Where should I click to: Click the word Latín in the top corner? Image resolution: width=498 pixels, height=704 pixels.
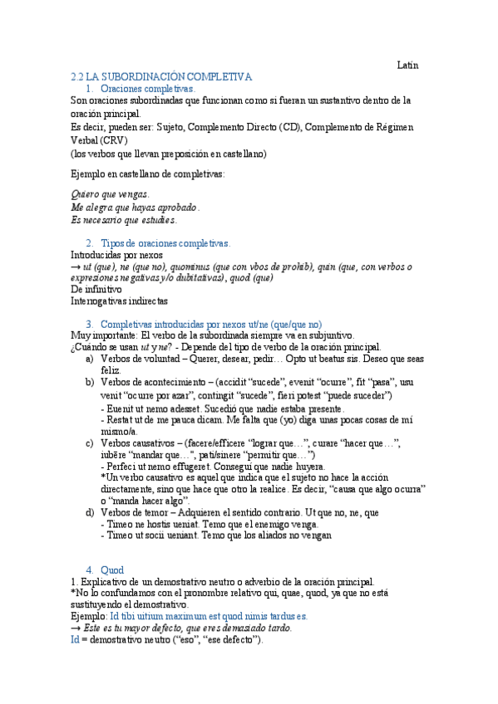[x=407, y=65]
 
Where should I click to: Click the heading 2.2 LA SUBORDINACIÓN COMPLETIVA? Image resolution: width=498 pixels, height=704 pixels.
[x=161, y=76]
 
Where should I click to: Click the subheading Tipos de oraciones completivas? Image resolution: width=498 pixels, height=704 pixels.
[x=165, y=242]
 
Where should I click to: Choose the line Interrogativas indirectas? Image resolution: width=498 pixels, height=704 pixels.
[x=119, y=301]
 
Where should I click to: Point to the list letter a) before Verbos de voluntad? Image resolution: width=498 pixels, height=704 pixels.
[x=90, y=359]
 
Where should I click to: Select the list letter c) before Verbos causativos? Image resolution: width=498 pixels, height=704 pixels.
[x=90, y=443]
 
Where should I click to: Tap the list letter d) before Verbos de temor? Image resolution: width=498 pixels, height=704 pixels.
[x=90, y=512]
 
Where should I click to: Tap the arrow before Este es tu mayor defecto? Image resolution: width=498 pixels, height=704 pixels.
[x=75, y=628]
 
